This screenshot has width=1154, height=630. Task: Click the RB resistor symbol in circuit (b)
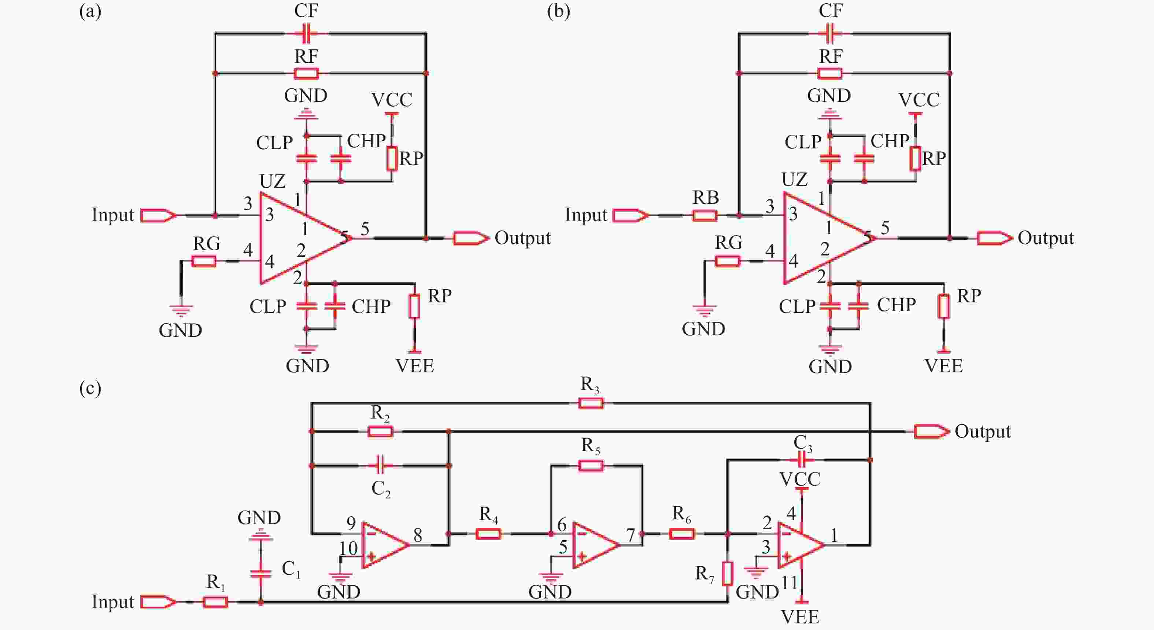705,215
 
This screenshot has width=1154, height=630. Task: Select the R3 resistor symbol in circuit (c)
591,403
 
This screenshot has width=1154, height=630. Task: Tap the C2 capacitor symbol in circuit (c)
380,465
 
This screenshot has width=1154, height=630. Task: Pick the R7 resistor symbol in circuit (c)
728,574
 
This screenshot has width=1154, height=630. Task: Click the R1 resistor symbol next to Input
215,602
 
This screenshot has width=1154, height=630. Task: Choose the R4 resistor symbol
488,534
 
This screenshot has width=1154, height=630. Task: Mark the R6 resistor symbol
682,534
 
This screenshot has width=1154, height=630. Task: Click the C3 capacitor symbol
803,460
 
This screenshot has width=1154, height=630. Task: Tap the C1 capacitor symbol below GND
260,574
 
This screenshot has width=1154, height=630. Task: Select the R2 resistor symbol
380,431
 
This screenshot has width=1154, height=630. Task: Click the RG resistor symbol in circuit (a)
204,261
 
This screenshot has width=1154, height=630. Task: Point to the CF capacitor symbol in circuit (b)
830,33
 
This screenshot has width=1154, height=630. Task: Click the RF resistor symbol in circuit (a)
306,73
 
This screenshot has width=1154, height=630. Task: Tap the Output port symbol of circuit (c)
931,431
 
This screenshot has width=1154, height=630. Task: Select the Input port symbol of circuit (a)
158,215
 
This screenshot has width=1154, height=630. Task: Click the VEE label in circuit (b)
943,366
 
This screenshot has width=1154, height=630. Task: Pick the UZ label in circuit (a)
272,181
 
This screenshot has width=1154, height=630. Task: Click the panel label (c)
90,388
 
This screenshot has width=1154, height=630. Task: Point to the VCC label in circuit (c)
800,479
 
